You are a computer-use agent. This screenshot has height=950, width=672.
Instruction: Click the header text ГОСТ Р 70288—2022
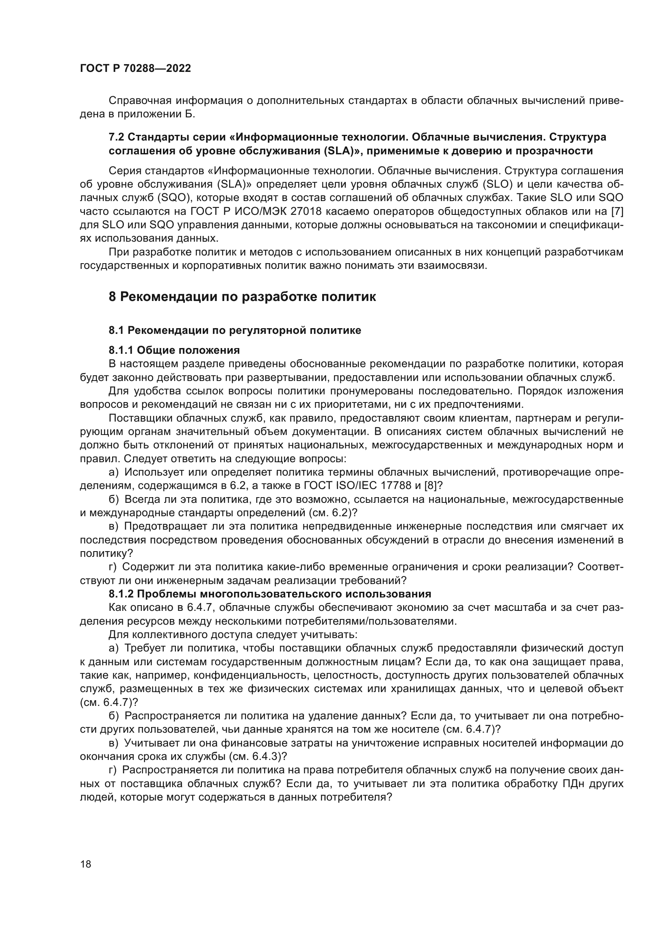(x=135, y=69)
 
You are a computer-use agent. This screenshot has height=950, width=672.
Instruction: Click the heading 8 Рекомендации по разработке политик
(x=242, y=296)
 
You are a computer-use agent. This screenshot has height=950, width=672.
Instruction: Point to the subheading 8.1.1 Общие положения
(x=174, y=351)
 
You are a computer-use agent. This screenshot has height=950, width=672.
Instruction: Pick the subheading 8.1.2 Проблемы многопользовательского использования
(x=270, y=594)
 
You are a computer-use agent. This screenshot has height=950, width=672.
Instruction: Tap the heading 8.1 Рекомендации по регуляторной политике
(x=234, y=330)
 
